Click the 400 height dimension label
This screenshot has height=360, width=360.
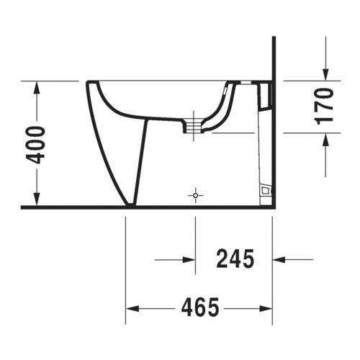35,145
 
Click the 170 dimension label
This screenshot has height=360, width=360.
325,107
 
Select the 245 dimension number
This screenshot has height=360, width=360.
235,258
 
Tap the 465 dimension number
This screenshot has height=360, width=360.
200,308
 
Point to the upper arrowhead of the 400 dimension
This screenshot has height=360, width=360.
37,88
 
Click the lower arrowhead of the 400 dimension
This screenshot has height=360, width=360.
37,199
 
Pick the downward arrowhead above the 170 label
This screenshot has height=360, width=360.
325,74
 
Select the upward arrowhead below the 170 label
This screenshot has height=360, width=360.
325,140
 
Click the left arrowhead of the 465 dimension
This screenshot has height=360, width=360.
132,309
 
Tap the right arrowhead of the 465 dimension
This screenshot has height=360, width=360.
266,309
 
